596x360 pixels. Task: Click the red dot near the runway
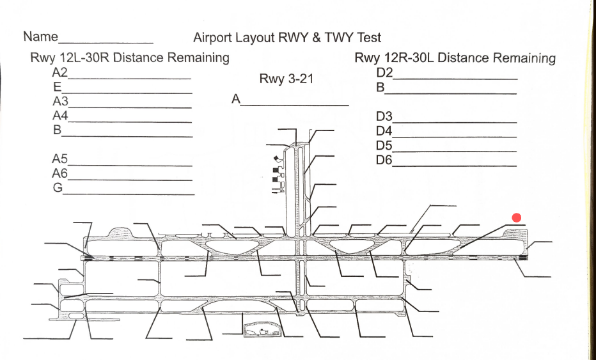(517, 219)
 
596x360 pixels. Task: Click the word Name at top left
(40, 36)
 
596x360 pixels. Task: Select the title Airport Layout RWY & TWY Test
(287, 38)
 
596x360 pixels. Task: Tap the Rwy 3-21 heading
(287, 79)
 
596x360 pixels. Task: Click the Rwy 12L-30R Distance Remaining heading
(130, 58)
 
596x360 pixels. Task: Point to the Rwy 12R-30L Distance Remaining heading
(455, 58)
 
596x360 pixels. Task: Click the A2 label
(60, 72)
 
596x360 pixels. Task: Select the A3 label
(60, 102)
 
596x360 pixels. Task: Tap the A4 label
(60, 116)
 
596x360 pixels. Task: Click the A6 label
(60, 174)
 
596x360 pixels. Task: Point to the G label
(58, 188)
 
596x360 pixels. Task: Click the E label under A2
(57, 87)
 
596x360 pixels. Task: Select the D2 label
(384, 72)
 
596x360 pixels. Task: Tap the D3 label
(384, 117)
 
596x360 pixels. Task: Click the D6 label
(384, 160)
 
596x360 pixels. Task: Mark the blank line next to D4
(454, 136)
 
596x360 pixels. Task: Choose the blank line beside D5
(454, 151)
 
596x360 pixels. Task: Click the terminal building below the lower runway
(262, 329)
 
